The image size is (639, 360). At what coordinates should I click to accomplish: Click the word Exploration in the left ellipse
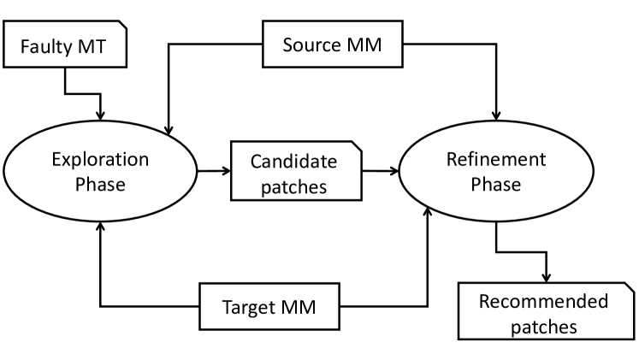(x=100, y=159)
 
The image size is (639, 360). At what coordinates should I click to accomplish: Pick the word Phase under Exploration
(x=100, y=184)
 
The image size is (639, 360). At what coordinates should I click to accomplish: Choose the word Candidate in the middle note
(x=293, y=162)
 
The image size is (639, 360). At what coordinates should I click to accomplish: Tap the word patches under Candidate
(x=293, y=187)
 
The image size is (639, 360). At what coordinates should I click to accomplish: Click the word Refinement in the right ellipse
(x=496, y=159)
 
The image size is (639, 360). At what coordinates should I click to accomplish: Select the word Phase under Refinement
(x=496, y=184)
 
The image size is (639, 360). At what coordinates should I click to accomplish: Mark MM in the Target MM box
(x=299, y=307)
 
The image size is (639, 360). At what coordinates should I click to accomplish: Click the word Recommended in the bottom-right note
(x=543, y=301)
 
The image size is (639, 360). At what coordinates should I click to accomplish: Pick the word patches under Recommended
(x=543, y=327)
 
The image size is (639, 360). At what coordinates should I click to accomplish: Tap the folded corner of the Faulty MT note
(x=121, y=27)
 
